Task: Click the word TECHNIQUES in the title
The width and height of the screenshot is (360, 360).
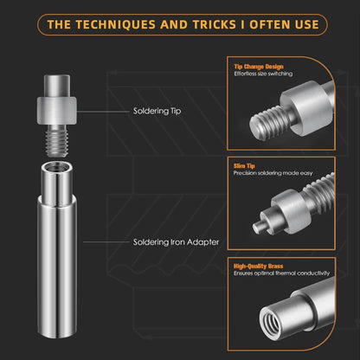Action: (115, 24)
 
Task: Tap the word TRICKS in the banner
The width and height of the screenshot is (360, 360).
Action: (215, 24)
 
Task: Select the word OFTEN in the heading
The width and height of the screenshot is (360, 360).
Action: (270, 24)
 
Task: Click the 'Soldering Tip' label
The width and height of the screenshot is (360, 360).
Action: (157, 111)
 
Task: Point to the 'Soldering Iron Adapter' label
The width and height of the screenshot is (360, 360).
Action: (176, 242)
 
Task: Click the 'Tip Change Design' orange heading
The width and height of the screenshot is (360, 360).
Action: (259, 67)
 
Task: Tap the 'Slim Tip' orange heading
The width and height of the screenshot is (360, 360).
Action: (244, 166)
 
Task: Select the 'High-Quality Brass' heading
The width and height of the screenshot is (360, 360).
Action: (258, 266)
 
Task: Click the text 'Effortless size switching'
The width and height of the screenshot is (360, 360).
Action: (263, 74)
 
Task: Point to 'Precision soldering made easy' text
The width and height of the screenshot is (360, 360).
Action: (273, 173)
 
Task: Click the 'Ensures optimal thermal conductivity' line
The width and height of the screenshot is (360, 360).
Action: (281, 273)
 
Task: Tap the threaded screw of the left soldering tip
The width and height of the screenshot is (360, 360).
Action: (57, 141)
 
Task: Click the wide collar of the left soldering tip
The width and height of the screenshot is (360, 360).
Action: (56, 111)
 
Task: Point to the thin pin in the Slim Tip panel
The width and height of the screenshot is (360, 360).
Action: (259, 228)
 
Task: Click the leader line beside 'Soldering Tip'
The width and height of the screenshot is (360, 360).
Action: (103, 112)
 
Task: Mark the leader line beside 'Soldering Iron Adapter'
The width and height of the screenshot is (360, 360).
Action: (106, 242)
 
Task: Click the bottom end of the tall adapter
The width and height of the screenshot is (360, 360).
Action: (57, 334)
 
